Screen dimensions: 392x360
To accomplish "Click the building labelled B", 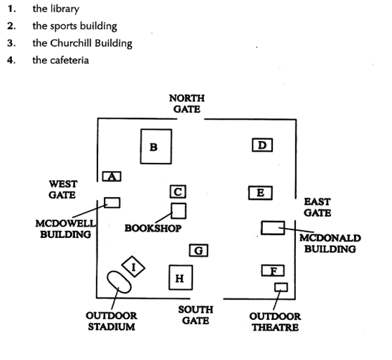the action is (156, 147).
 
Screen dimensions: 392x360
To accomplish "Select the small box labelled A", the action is (111, 176).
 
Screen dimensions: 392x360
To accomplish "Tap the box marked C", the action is (178, 192).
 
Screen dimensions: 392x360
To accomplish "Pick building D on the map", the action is (262, 145).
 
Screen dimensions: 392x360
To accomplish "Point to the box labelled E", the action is (260, 193).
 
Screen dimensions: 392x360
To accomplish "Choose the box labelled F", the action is (273, 270).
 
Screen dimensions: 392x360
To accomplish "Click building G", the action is (198, 251).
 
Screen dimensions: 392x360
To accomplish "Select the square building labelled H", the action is (181, 277).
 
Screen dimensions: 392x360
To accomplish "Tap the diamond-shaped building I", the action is (133, 267).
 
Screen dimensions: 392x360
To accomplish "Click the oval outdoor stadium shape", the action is (119, 282).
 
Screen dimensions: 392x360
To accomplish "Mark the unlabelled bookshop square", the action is (179, 211).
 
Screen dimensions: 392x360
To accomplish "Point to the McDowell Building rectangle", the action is (112, 203).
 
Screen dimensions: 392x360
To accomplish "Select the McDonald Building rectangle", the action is (273, 228).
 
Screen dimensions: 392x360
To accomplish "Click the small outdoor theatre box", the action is (281, 287).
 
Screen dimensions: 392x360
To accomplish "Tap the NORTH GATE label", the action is (187, 104).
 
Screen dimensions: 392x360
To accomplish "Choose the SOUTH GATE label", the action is (196, 315).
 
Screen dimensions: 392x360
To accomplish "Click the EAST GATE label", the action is (318, 207).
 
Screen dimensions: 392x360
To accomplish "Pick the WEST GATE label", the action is (62, 189).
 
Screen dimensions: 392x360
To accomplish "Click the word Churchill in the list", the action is (72, 43).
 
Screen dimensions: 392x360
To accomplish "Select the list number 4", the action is (11, 60).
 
